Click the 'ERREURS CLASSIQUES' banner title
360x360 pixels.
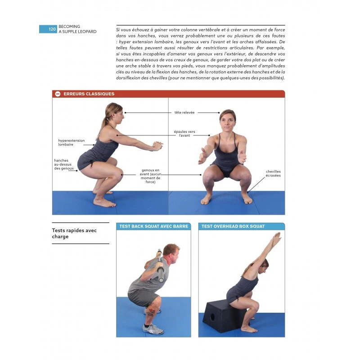[89, 94]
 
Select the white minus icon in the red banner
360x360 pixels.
[58, 94]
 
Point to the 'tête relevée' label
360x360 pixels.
[172, 112]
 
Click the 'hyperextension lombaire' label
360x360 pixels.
[72, 143]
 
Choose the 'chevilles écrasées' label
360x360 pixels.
[273, 173]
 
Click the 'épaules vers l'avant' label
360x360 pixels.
[184, 133]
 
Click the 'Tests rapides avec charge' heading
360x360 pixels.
[74, 234]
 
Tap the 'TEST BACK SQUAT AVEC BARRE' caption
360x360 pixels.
[153, 226]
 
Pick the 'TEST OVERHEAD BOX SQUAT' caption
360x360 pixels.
[233, 226]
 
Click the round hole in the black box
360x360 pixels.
[212, 317]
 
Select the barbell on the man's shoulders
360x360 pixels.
[159, 265]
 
